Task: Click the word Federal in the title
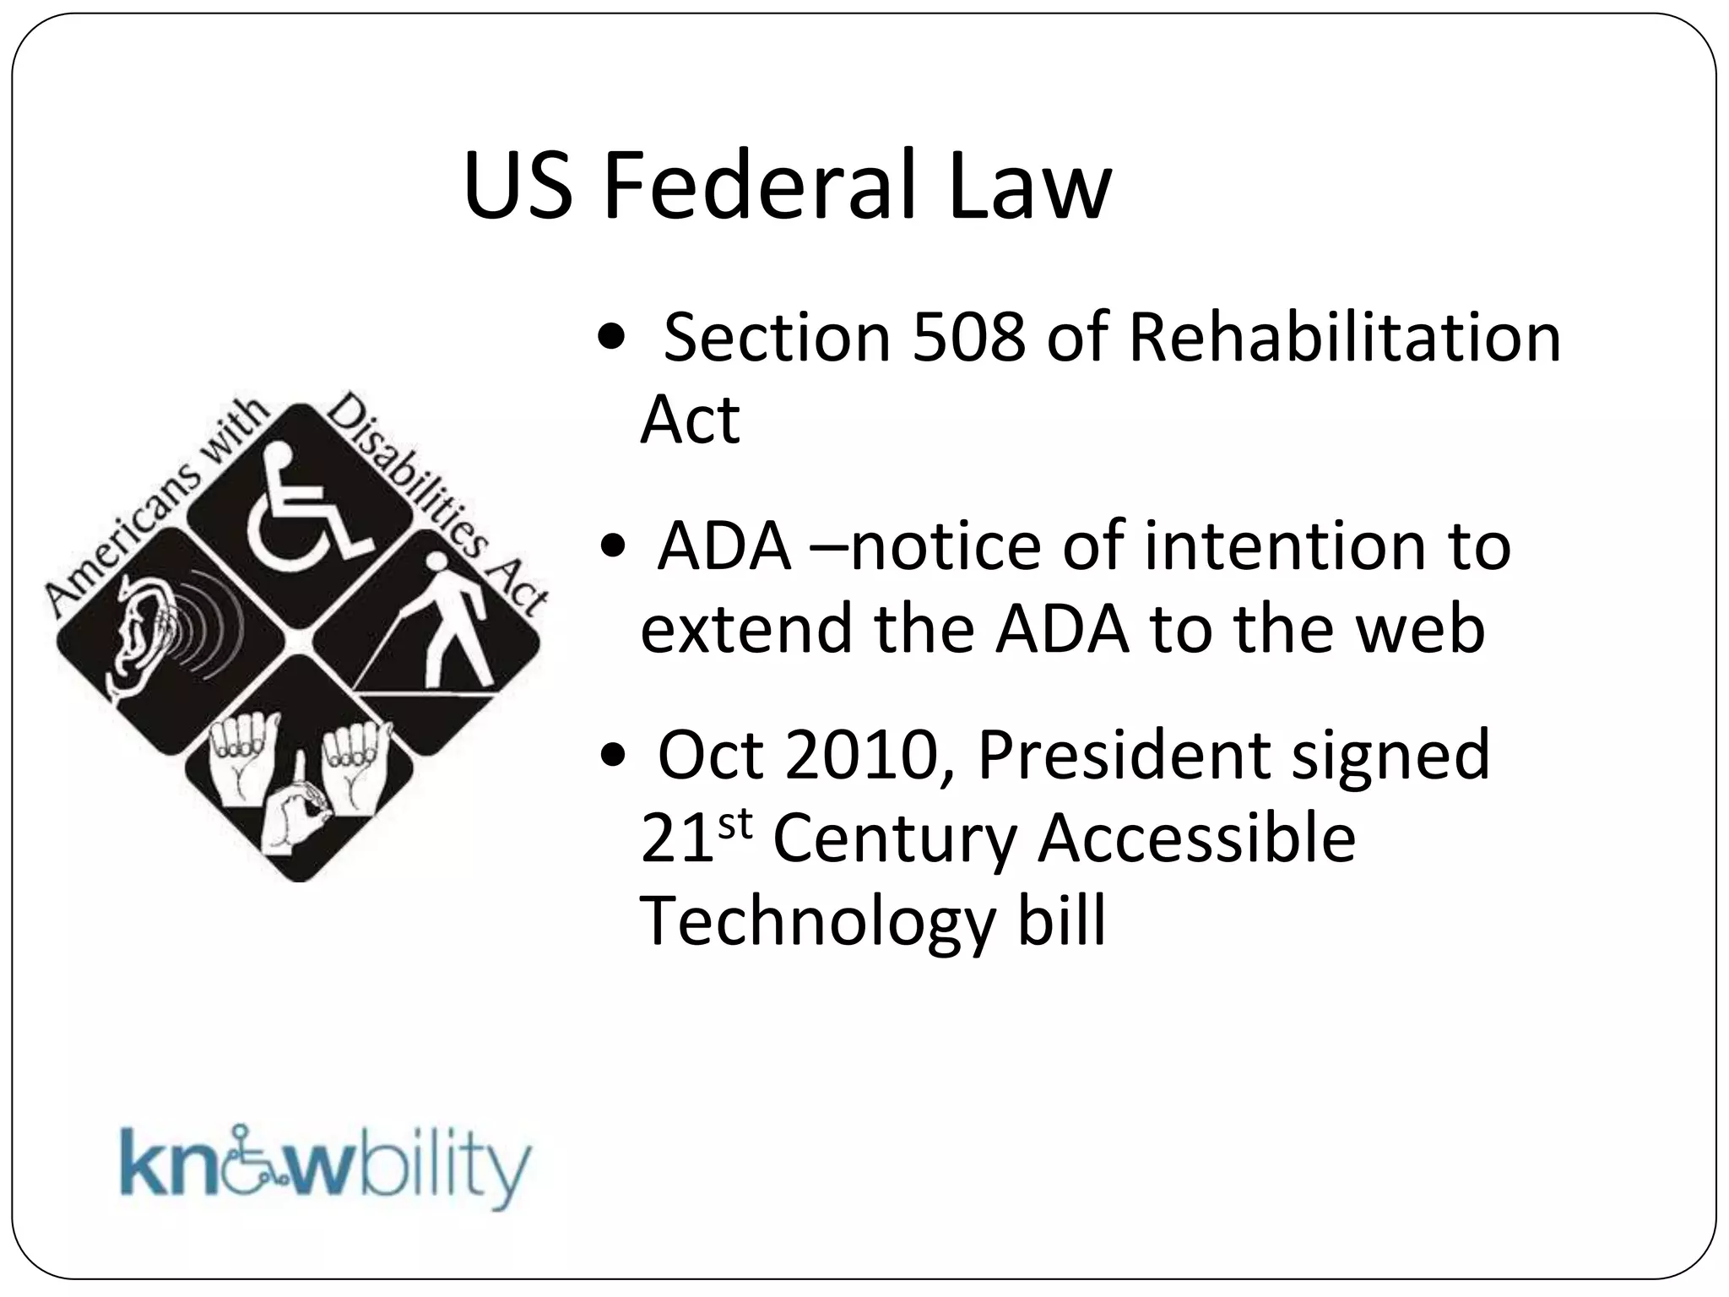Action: (760, 186)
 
